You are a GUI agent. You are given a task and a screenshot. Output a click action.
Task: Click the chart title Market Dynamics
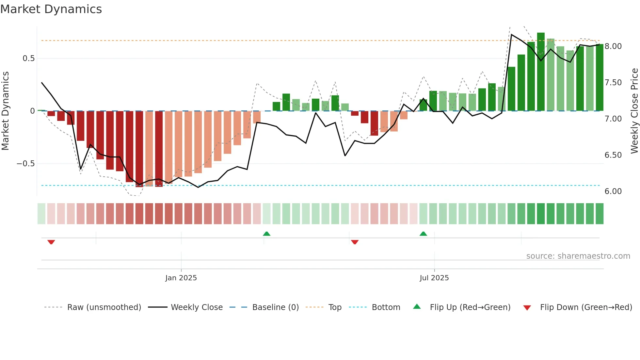[51, 9]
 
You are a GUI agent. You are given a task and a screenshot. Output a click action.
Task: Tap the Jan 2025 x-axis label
[181, 278]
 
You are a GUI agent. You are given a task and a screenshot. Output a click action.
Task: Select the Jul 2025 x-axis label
[434, 278]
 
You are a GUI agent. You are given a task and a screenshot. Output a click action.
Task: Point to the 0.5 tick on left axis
[28, 58]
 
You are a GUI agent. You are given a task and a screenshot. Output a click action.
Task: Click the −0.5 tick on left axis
[25, 164]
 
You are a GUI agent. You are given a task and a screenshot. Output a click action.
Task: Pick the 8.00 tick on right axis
[613, 46]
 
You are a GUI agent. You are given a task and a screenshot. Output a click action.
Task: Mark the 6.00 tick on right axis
[613, 191]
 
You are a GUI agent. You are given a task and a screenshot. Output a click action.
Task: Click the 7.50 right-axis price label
[613, 83]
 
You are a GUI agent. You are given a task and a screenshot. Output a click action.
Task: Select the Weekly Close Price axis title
[634, 111]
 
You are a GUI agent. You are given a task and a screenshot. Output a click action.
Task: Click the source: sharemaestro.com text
[578, 256]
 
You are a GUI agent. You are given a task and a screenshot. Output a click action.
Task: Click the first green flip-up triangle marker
[266, 234]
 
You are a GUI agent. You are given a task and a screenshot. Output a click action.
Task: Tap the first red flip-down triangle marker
[51, 242]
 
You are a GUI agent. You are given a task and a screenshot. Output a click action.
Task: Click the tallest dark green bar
[541, 72]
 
